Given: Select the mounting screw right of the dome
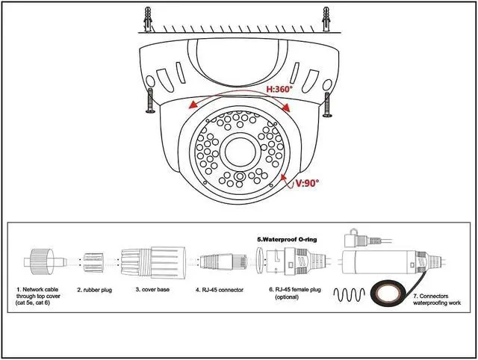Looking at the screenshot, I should coord(326,103).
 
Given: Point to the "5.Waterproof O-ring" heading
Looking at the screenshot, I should coord(286,239).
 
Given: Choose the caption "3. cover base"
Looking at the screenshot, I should coord(152,289).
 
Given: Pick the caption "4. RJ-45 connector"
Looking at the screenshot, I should coord(220,289).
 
